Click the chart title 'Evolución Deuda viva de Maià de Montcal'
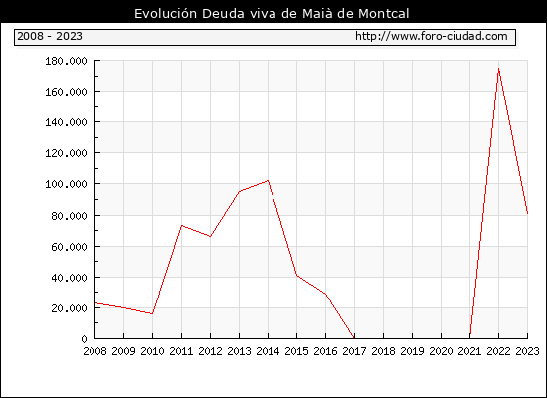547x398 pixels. (272, 14)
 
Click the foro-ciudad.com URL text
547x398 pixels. (432, 36)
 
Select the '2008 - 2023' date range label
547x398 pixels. (50, 36)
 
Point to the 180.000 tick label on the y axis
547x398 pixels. (66, 61)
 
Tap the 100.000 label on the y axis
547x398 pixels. (66, 184)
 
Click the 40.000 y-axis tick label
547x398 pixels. (69, 278)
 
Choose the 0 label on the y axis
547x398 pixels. (84, 339)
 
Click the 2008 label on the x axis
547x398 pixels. (94, 351)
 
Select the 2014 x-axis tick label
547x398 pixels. (268, 351)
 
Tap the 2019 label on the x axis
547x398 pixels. (412, 351)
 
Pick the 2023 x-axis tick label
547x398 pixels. (527, 351)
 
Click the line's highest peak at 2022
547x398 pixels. (499, 69)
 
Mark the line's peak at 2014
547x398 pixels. (268, 180)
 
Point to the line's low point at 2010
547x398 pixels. (152, 313)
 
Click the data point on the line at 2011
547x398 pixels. (181, 226)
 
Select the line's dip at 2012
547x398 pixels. (211, 237)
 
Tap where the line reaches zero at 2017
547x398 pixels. (354, 338)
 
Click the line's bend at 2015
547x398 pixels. (297, 275)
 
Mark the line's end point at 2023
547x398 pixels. (527, 213)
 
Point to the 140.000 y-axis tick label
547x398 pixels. (66, 122)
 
